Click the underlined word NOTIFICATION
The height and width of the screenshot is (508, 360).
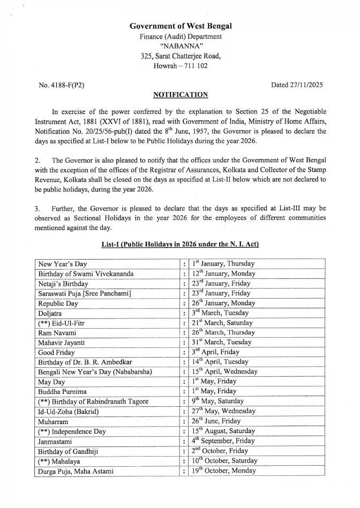click(x=180, y=95)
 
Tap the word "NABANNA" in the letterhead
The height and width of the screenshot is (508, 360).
click(x=180, y=46)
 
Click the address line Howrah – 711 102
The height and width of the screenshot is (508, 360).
click(x=180, y=66)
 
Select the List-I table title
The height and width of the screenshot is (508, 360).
click(x=180, y=244)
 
